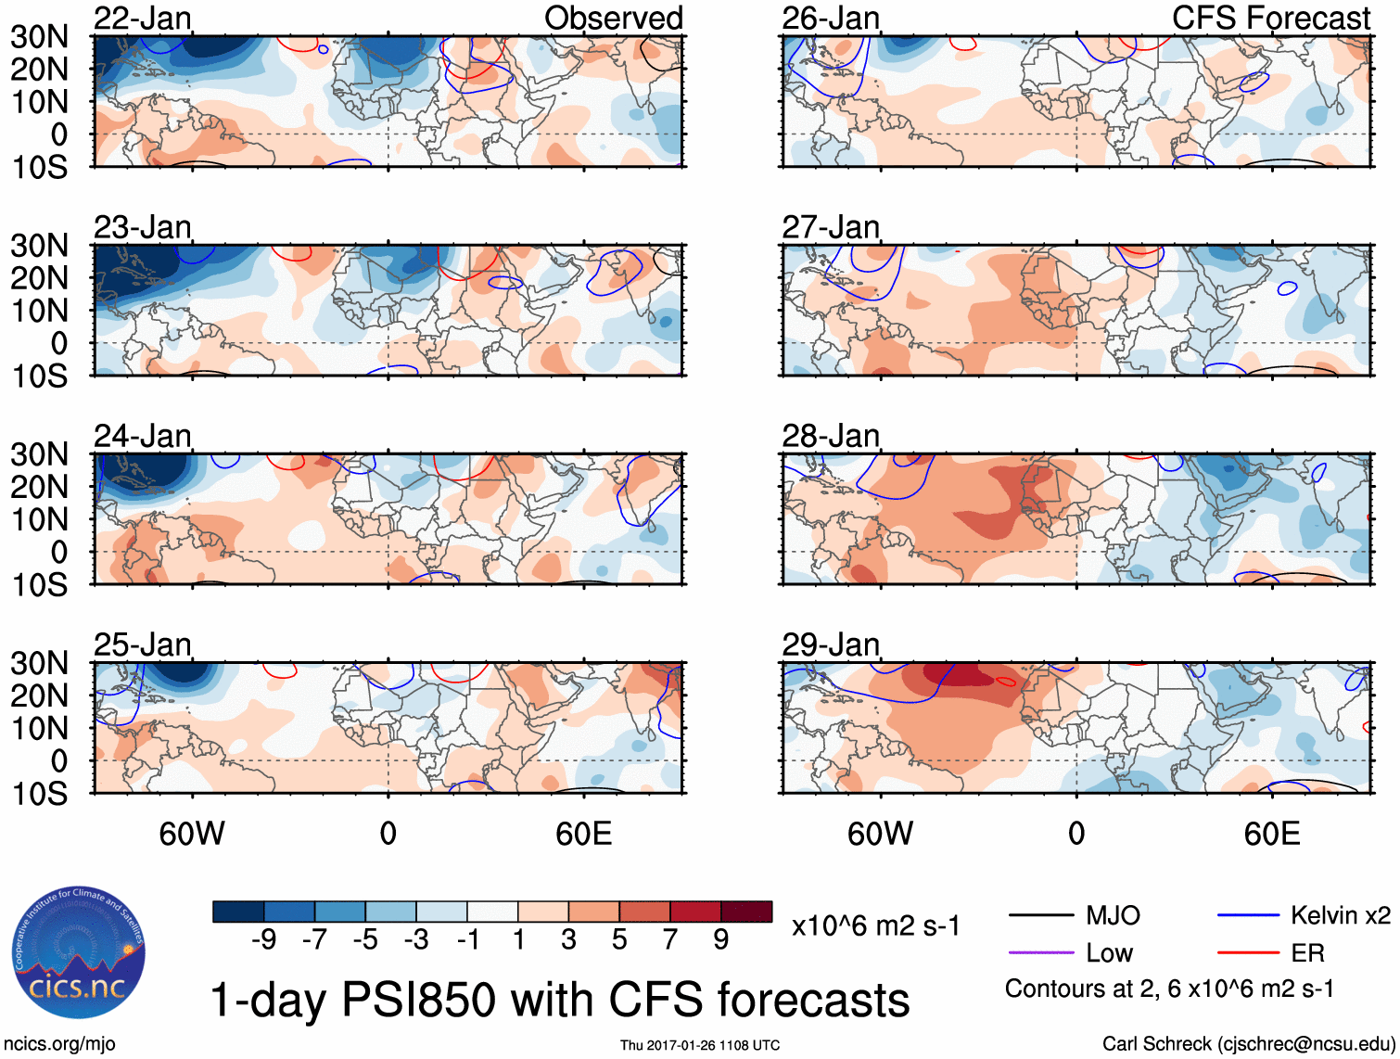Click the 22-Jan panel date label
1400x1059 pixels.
pos(143,18)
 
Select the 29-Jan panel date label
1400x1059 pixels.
pos(831,644)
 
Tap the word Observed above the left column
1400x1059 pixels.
pos(613,18)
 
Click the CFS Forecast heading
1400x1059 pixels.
pos(1270,18)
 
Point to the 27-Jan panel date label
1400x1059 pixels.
pos(831,227)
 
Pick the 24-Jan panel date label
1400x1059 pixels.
pos(143,436)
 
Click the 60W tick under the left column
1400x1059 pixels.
pos(192,834)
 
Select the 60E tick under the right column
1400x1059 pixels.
pos(1271,834)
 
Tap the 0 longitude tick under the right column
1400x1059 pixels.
pos(1076,834)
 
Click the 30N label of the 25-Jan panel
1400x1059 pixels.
pos(39,664)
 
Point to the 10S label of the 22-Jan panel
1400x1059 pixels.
pos(39,168)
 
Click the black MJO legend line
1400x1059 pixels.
pos(1040,916)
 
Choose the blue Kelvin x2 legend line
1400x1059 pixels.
pos(1248,916)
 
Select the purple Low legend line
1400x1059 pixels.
pos(1040,952)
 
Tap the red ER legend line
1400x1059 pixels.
pos(1248,952)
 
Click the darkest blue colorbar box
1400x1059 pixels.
pos(238,912)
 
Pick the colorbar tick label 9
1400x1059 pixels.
pos(721,940)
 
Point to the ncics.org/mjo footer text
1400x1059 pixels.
pos(59,1044)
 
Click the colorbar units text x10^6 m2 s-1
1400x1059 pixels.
pos(875,925)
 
